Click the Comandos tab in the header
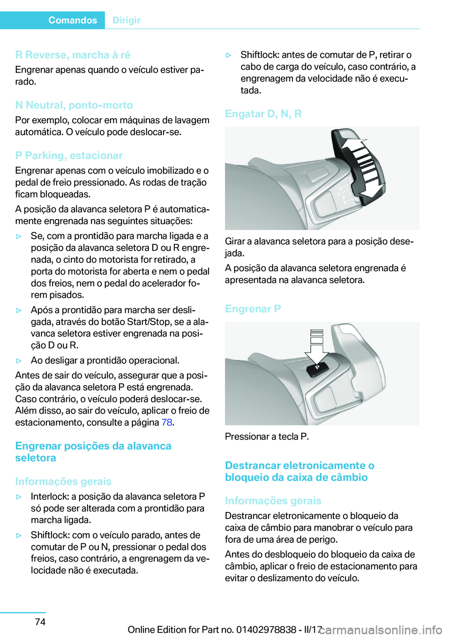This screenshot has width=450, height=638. point(72,20)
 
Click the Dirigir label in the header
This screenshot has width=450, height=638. point(127,20)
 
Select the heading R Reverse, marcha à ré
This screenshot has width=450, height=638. point(73,55)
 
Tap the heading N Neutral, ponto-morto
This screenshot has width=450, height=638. point(74,105)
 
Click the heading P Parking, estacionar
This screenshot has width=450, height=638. point(69,156)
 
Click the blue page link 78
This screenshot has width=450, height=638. point(167,423)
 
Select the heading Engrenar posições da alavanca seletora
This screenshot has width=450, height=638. point(93,452)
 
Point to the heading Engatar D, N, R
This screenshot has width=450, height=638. point(263,114)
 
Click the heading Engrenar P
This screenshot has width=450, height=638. point(253,309)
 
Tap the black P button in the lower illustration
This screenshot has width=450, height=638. point(317,368)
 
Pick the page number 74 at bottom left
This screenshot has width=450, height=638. point(40,622)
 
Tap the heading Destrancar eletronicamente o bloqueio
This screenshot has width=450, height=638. point(299,471)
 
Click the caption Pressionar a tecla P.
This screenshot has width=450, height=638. point(267,437)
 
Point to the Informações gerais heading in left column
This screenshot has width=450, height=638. point(63,482)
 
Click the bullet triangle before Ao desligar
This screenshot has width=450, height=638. point(19,361)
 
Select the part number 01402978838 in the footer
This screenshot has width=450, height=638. point(266,630)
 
